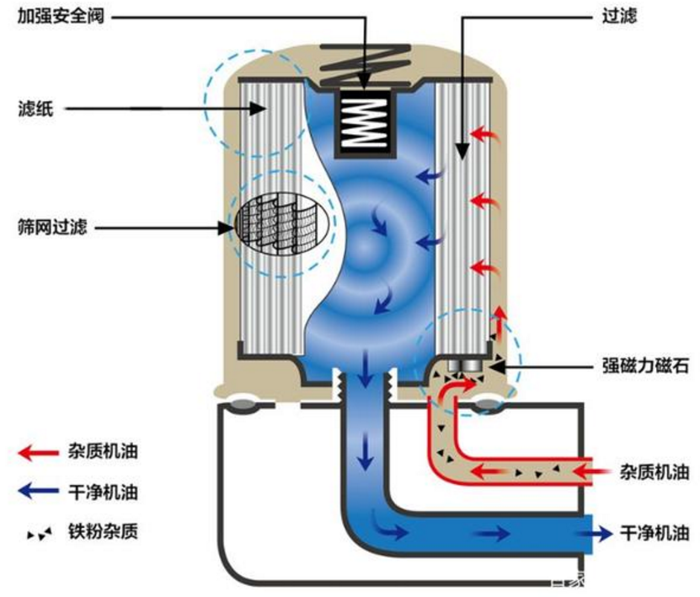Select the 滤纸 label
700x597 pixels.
click(x=35, y=109)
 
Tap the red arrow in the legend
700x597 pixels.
click(x=39, y=453)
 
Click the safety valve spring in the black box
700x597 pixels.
click(x=364, y=122)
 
